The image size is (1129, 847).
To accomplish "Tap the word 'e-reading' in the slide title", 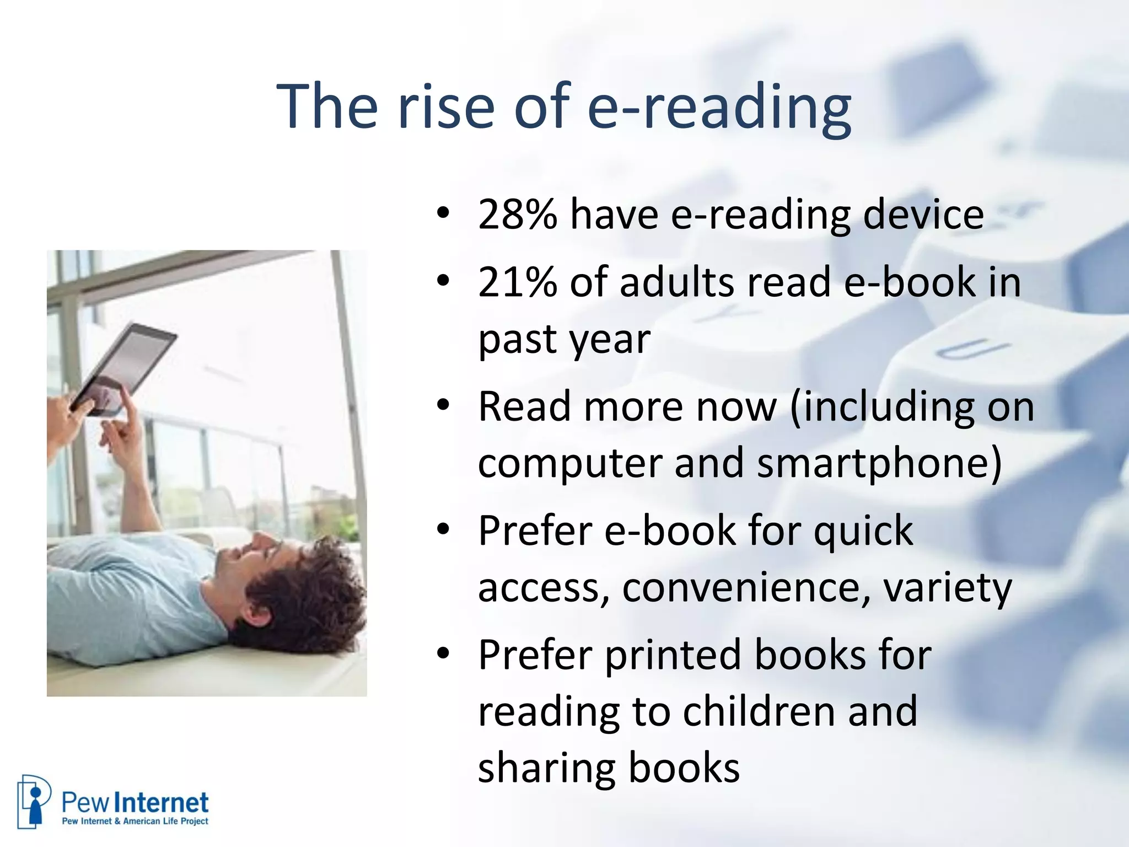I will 719,108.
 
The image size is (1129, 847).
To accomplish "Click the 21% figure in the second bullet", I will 517,282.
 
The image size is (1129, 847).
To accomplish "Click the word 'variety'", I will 948,589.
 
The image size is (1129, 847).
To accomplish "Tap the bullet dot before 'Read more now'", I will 443,406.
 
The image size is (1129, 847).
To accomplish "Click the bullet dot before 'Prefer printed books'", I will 443,654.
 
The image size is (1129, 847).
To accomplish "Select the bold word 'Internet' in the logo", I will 164,803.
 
